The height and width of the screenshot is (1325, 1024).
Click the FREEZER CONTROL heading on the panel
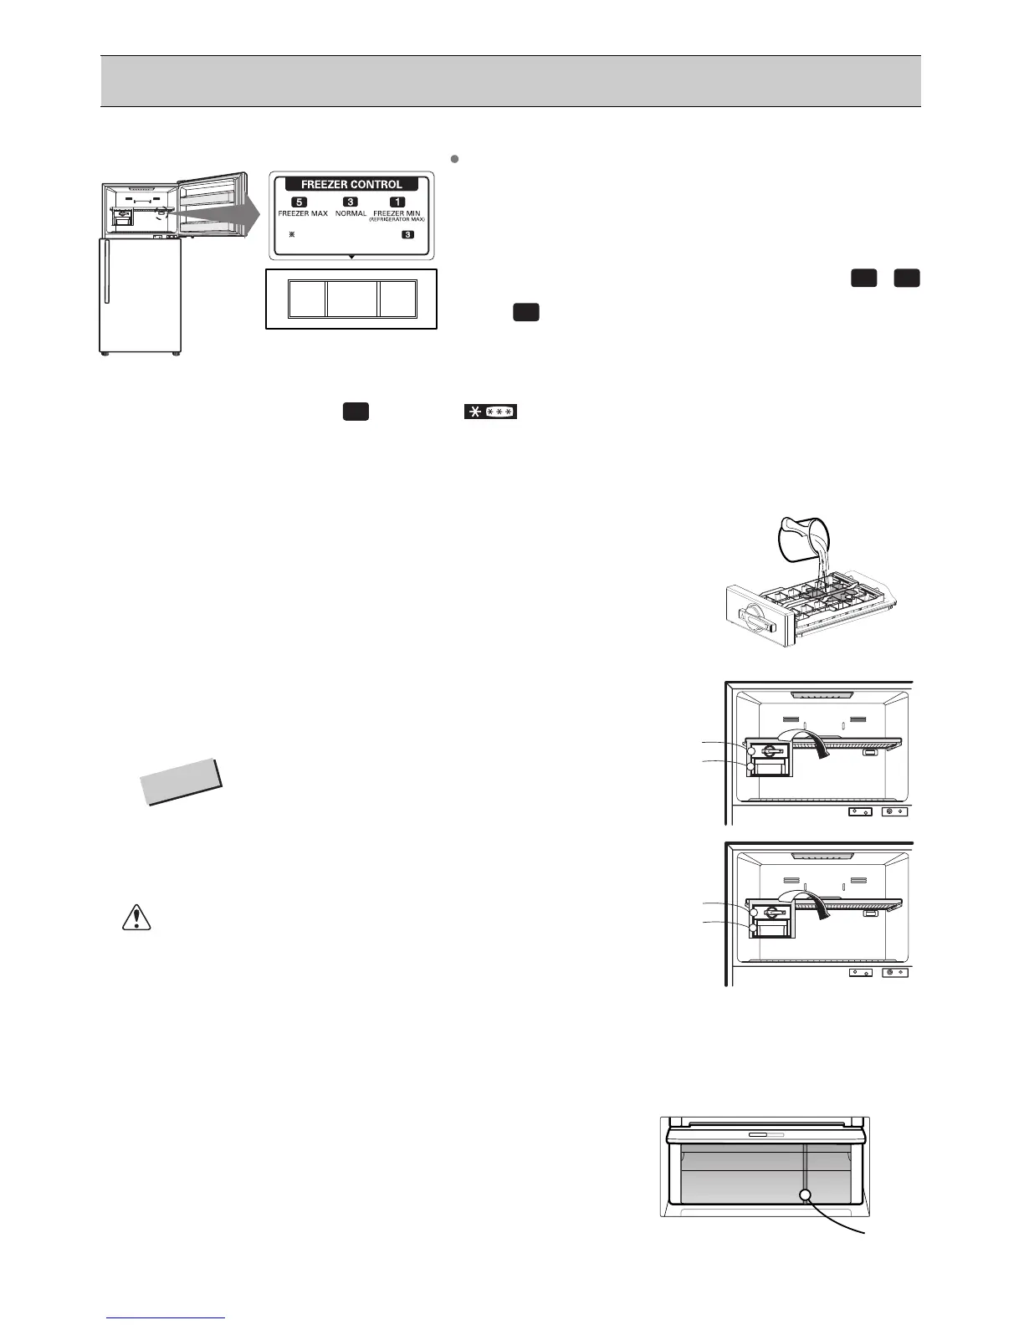click(x=351, y=184)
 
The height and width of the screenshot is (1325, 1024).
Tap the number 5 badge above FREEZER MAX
click(x=300, y=202)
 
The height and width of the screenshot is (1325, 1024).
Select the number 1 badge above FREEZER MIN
click(x=397, y=202)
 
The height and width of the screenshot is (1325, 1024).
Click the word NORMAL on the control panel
click(x=351, y=213)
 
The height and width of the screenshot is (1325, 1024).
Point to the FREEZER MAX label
click(x=303, y=213)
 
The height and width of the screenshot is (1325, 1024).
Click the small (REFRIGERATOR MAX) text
click(x=397, y=219)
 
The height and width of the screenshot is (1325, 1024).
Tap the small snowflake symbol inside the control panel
click(x=291, y=234)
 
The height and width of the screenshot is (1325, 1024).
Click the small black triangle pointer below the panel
click(x=351, y=255)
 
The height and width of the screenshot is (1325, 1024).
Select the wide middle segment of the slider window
click(x=352, y=299)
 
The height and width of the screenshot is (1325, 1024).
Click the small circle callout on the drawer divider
click(x=805, y=1195)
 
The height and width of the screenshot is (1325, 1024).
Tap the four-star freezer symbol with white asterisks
click(x=491, y=412)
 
